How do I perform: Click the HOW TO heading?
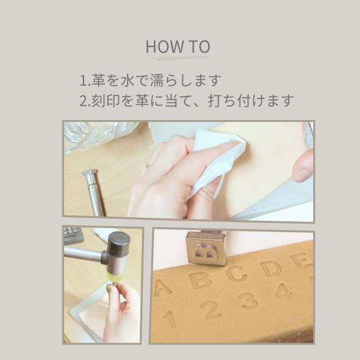[178, 47]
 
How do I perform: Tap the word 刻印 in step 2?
[106, 101]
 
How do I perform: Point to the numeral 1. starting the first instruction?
[85, 81]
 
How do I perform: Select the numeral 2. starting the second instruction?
[85, 101]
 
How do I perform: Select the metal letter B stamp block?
[206, 248]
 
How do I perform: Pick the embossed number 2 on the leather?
[211, 310]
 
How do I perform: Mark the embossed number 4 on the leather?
[283, 290]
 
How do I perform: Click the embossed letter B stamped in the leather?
[200, 280]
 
